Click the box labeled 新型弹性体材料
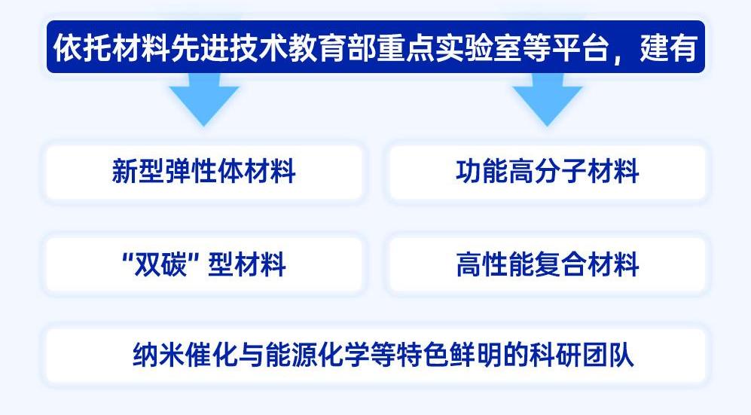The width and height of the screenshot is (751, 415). [203, 172]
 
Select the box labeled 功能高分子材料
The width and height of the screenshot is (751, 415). [547, 172]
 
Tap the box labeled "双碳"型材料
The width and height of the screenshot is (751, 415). [203, 264]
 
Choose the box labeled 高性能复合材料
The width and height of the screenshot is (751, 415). [547, 264]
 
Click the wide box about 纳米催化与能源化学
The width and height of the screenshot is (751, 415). [375, 355]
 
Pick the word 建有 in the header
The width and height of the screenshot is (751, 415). [668, 47]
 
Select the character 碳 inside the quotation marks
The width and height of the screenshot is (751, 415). [173, 264]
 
